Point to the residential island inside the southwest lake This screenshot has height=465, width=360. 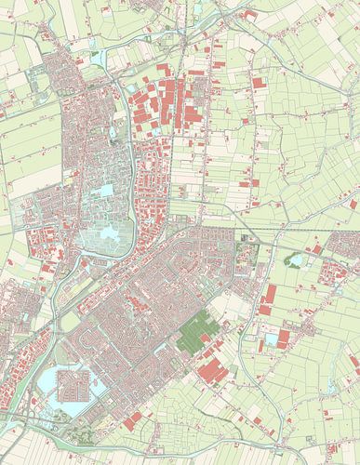pos(73,383)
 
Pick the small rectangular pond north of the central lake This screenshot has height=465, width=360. pos(106,190)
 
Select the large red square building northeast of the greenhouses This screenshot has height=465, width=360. pos(258,83)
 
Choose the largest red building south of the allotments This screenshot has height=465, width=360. pos(215,369)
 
